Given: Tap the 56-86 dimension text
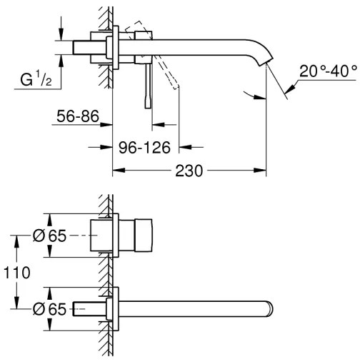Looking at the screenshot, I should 76,117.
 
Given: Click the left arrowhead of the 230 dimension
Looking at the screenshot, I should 117,171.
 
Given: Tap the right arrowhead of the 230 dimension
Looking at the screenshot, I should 264,171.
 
